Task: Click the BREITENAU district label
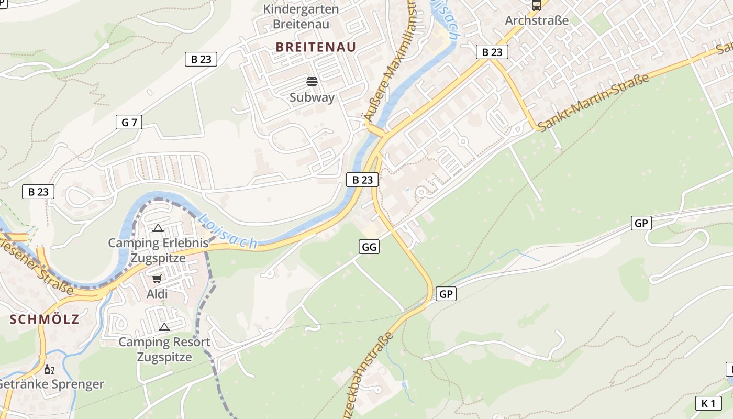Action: click(x=316, y=47)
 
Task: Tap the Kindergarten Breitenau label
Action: click(x=301, y=17)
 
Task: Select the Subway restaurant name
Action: click(x=312, y=97)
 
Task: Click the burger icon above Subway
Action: click(x=312, y=82)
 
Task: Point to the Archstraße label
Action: click(x=537, y=21)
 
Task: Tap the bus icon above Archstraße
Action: click(x=537, y=6)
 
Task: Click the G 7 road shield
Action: click(x=129, y=123)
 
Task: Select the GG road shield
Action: click(x=369, y=247)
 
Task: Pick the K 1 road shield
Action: click(x=708, y=403)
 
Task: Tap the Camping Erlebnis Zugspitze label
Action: click(x=158, y=250)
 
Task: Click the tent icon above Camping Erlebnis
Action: click(x=158, y=228)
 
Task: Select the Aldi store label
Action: click(x=157, y=294)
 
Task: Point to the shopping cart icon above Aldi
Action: click(x=157, y=279)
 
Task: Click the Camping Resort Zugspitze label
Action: click(x=164, y=349)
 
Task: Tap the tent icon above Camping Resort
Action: click(x=164, y=327)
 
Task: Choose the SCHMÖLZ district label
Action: click(x=45, y=319)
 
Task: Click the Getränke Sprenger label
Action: click(x=51, y=384)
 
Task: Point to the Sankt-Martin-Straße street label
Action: click(x=594, y=103)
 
